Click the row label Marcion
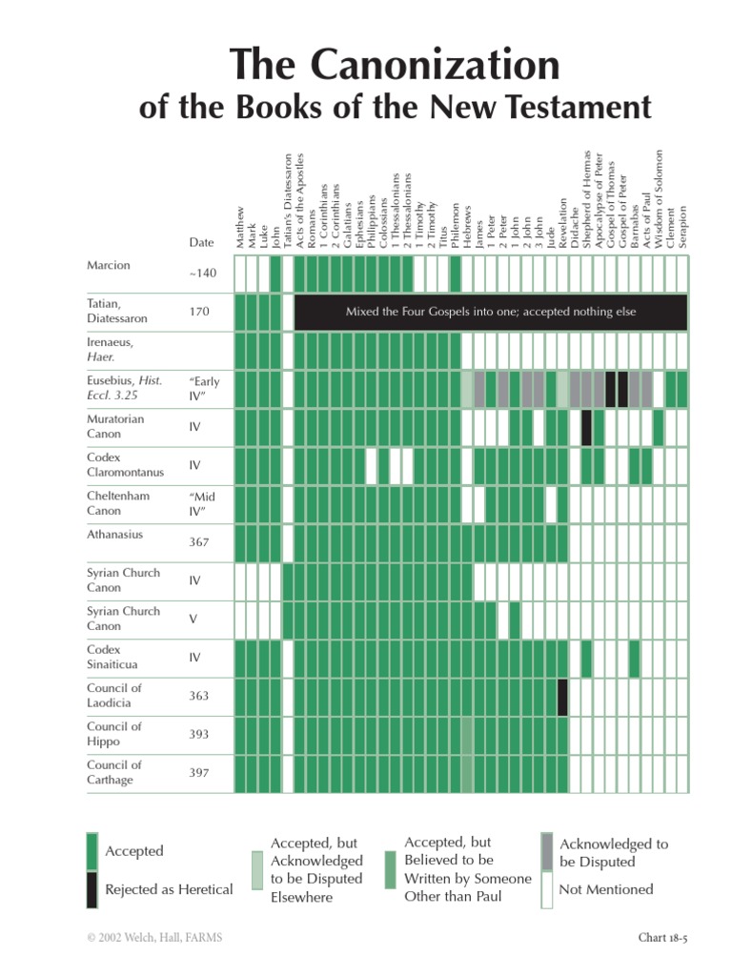coord(108,265)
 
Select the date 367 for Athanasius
coord(199,541)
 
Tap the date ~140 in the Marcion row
coord(202,273)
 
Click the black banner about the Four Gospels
coord(490,312)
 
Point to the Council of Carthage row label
coord(114,772)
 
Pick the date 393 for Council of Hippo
coord(198,734)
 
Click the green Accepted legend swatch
coord(92,851)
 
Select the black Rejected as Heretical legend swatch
coord(92,889)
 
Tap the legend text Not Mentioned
coord(606,889)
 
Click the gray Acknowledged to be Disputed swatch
coord(546,851)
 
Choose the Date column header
coord(201,243)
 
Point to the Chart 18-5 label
coord(662,938)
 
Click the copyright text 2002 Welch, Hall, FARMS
coord(153,938)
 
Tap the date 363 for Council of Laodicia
coord(198,696)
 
